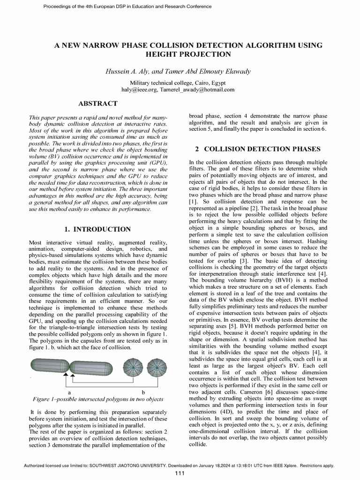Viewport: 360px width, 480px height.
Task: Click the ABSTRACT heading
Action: (x=97, y=103)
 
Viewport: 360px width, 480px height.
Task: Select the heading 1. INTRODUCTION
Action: (x=97, y=229)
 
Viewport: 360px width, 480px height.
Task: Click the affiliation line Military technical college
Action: (x=180, y=82)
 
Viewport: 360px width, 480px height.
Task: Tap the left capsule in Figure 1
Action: (x=49, y=365)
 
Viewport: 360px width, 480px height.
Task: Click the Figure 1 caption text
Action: (x=97, y=399)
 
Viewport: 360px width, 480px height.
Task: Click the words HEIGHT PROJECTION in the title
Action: (x=189, y=54)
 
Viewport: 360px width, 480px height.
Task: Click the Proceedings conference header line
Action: (x=120, y=7)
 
